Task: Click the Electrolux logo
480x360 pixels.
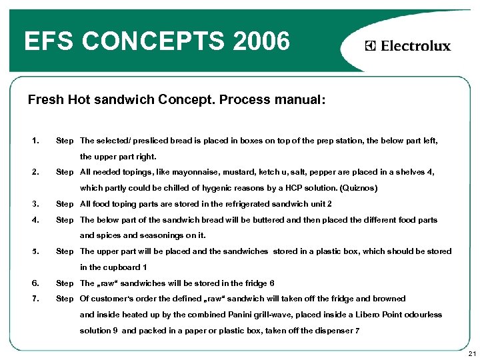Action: (408, 46)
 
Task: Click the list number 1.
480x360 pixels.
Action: (35, 141)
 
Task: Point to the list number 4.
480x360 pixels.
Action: (35, 219)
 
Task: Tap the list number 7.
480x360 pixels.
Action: (35, 299)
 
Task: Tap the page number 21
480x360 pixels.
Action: (471, 353)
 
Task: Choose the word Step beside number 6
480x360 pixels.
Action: (65, 283)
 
